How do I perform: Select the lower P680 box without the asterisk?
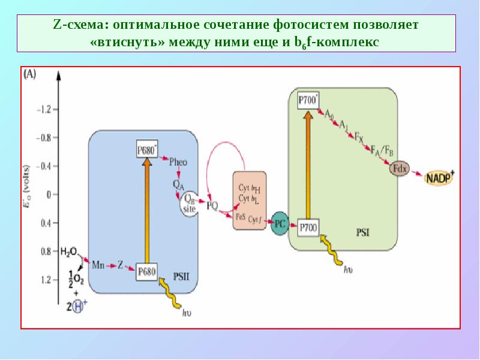146,271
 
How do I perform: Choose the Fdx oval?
399,169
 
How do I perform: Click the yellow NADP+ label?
440,177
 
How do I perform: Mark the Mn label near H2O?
98,263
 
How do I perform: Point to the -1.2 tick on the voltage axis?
44,110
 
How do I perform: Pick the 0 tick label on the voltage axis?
49,194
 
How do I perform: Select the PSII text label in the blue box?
181,277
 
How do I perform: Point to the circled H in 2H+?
76,306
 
